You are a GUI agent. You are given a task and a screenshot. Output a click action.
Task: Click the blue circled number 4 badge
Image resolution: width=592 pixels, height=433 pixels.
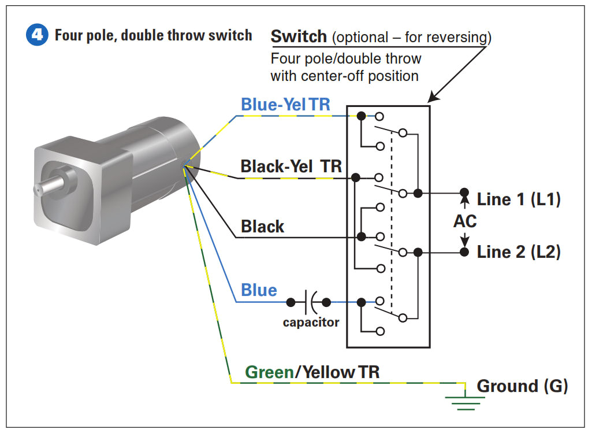(37, 35)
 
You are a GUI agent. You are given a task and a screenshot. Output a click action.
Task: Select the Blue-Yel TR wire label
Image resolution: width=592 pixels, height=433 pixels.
(285, 104)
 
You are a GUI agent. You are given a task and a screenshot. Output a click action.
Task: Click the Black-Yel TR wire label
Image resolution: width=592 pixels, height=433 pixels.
(291, 166)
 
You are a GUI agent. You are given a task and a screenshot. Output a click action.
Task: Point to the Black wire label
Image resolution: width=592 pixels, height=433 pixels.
(262, 226)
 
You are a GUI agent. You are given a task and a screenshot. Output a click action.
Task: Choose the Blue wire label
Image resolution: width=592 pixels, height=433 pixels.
(259, 290)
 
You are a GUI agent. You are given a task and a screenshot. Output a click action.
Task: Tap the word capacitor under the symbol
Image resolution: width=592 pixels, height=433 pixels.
(311, 322)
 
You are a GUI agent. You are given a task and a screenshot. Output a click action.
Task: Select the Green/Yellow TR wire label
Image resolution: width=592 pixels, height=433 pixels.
(312, 372)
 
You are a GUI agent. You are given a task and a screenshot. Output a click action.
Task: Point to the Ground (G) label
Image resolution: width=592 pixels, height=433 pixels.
(522, 386)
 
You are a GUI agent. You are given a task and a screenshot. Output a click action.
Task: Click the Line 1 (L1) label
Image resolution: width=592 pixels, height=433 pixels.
(519, 199)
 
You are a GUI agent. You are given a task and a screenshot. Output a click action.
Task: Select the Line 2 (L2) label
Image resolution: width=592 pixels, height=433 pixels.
(519, 252)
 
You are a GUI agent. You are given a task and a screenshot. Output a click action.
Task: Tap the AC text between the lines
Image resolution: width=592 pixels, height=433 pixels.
(465, 221)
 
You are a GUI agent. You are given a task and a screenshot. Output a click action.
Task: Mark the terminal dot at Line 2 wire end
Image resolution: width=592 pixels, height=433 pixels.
(463, 251)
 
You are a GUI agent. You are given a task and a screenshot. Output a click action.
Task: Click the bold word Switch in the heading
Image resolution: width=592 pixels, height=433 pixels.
(299, 36)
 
